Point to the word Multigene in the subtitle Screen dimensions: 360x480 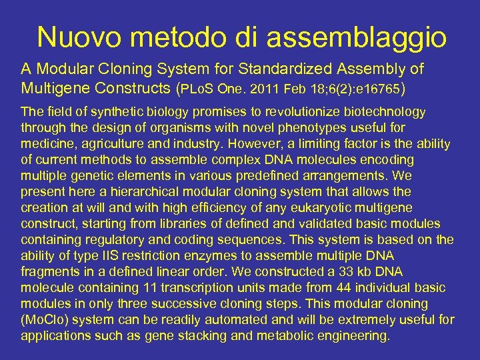(x=59, y=87)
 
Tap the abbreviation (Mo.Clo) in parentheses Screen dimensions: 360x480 (x=47, y=320)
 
